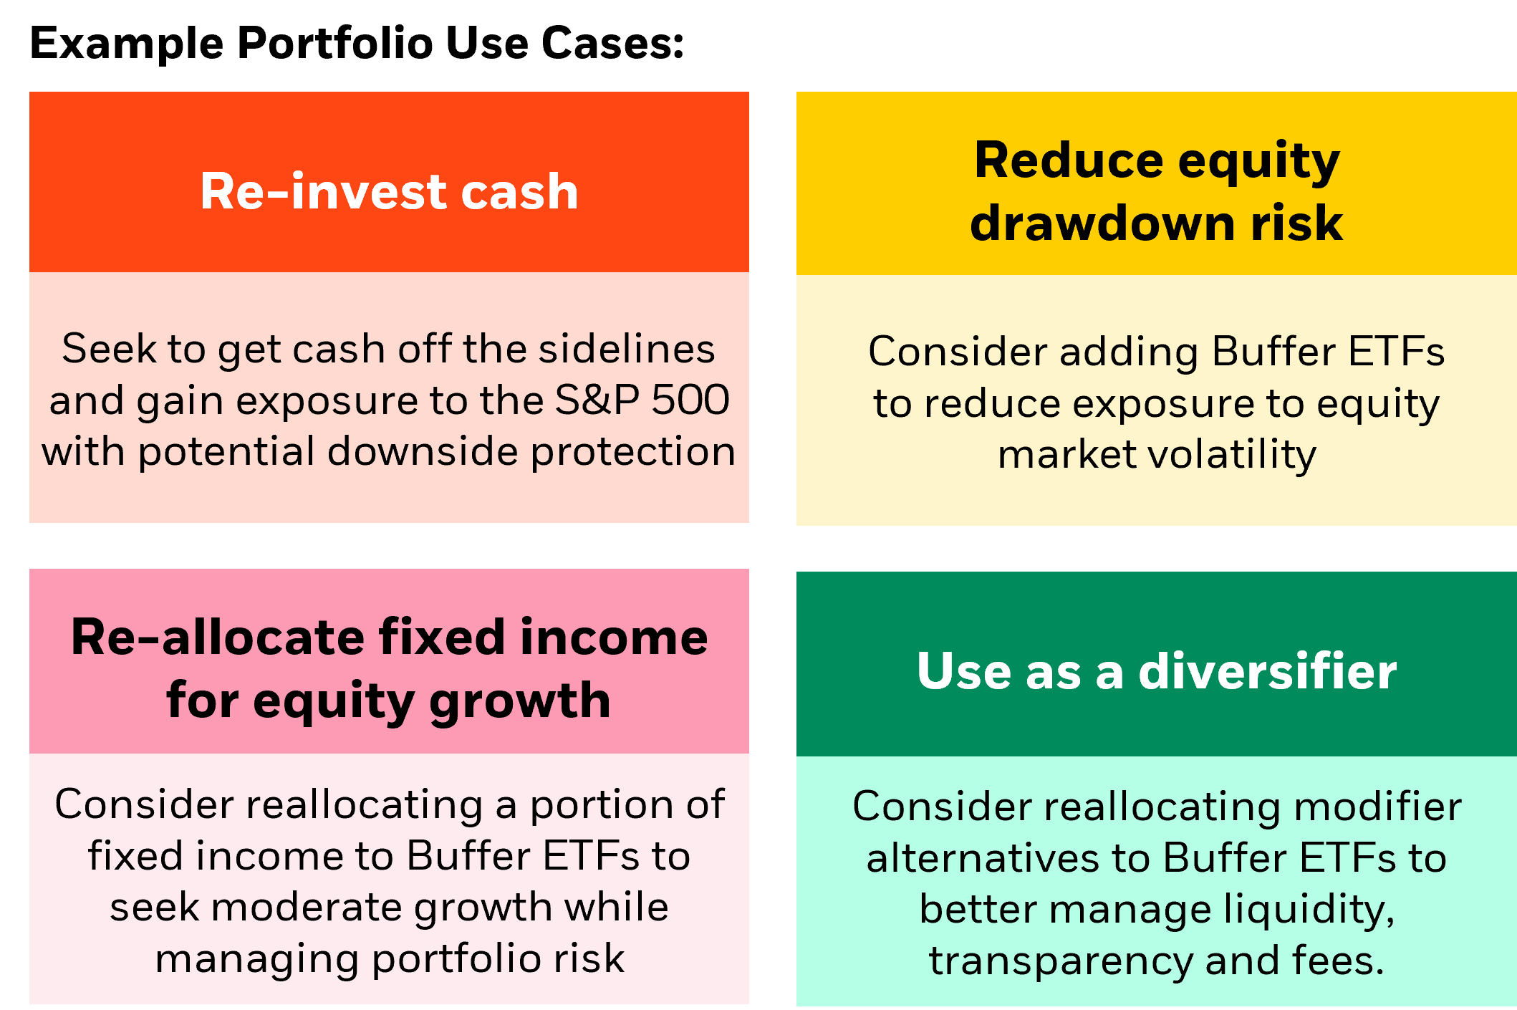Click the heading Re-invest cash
(x=389, y=191)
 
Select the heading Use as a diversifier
(x=1156, y=671)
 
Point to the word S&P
(x=597, y=400)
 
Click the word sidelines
(x=627, y=349)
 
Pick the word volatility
(x=1233, y=454)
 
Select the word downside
(x=423, y=451)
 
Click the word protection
(x=633, y=451)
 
